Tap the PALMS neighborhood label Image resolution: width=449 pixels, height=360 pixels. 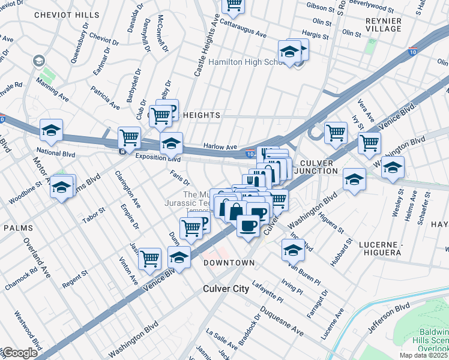coord(18,229)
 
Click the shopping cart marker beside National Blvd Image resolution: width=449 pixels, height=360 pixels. coord(129,137)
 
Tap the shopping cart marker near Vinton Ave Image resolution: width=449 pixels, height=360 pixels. coord(149,259)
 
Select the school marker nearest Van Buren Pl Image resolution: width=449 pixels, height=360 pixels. coord(292,250)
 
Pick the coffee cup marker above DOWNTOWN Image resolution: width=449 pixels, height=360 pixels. coord(247,226)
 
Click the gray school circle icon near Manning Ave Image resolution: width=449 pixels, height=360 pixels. coord(39,61)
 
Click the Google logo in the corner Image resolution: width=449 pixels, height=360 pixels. coord(20,353)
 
